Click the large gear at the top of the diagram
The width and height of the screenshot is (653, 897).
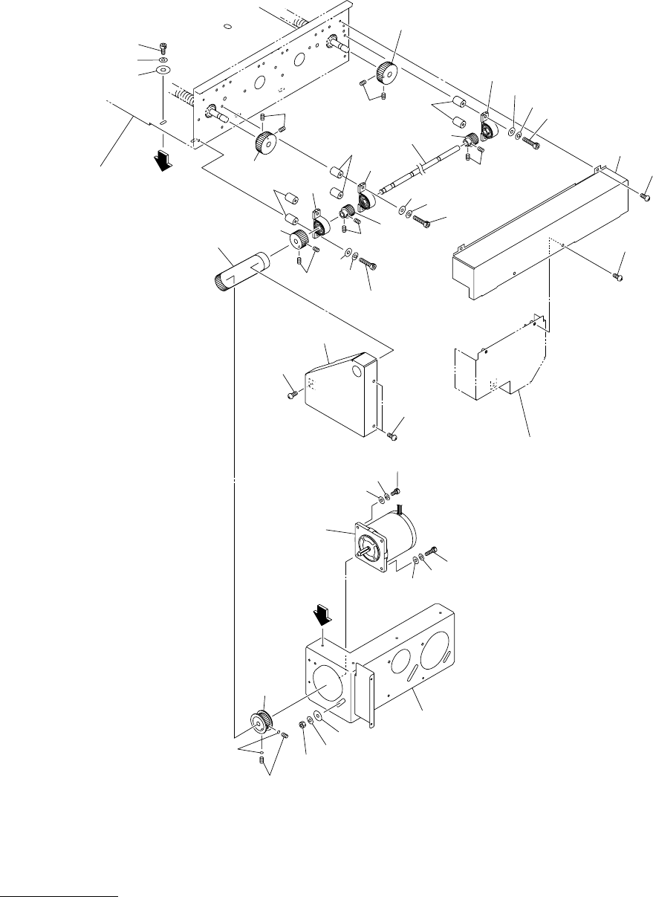coord(386,72)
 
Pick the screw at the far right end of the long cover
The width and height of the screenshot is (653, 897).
coord(645,196)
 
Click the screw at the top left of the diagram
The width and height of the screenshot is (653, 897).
coord(163,48)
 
